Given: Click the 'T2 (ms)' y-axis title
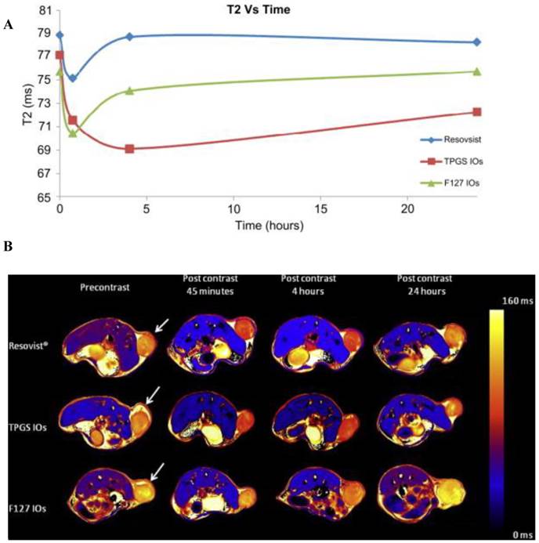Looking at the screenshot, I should (12, 106).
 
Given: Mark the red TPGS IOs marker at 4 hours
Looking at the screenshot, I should (129, 149).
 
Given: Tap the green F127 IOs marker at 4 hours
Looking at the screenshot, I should (129, 90).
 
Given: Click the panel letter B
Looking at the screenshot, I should (9, 247).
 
